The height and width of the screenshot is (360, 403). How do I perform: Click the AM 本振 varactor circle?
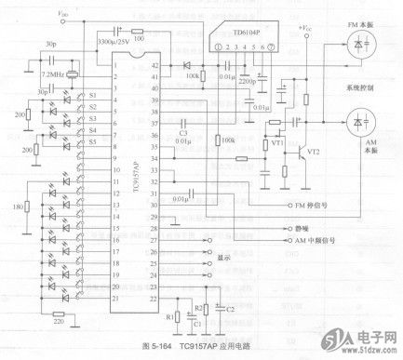click(x=358, y=122)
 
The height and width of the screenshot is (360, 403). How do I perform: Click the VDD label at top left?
click(x=61, y=15)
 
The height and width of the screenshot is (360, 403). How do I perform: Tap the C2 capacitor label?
click(x=229, y=308)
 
